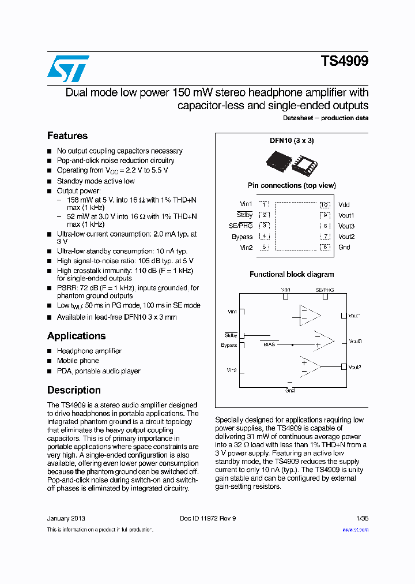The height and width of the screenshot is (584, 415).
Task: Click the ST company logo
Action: click(68, 69)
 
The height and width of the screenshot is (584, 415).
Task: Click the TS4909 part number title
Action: click(344, 62)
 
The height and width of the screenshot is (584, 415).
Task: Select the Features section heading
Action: click(67, 136)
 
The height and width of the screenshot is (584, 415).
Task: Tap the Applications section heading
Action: click(76, 336)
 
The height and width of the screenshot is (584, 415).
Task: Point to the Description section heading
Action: click(74, 390)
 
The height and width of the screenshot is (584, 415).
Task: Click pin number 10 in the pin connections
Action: click(325, 205)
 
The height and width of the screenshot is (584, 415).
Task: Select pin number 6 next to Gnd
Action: click(325, 248)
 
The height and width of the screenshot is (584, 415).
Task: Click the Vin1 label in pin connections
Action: click(246, 204)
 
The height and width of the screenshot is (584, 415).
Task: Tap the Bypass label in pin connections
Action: click(242, 237)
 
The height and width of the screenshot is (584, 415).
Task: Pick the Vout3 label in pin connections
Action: click(346, 226)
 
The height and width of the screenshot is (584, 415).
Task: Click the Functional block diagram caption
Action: click(292, 275)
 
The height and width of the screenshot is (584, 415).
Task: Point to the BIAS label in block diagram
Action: click(269, 345)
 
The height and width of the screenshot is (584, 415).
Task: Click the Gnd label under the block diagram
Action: click(290, 391)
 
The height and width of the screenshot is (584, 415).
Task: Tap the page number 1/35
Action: click(362, 518)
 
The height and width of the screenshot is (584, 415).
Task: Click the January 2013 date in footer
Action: click(66, 518)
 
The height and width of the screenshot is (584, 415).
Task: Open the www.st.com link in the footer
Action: click(355, 530)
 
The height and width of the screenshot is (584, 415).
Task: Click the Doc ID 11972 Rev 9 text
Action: click(208, 518)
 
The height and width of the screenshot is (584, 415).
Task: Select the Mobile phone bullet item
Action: click(78, 361)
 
